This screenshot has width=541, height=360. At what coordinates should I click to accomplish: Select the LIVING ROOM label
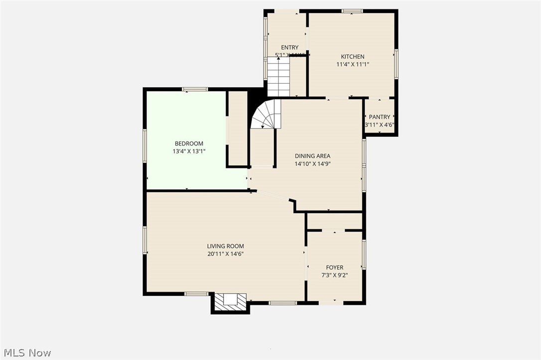225,246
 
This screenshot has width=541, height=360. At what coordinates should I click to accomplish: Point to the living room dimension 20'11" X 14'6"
225,254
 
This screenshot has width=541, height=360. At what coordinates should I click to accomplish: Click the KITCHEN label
352,57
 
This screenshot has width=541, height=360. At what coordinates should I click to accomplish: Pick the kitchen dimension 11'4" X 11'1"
352,64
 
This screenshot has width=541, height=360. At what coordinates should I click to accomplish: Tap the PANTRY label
380,117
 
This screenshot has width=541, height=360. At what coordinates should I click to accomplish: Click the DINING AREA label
312,156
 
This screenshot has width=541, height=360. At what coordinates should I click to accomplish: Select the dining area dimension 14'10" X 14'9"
312,163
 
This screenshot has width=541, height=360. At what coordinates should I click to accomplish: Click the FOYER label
334,268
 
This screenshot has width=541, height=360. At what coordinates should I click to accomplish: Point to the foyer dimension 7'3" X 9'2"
334,275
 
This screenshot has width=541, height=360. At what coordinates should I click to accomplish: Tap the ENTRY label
289,48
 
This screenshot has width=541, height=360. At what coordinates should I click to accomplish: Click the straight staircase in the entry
278,76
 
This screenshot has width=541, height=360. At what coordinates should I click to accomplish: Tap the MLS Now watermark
26,353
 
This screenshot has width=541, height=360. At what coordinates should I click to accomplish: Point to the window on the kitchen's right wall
396,63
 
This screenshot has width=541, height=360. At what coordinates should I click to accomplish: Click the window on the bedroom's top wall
194,89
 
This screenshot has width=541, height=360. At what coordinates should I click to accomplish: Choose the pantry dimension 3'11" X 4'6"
380,125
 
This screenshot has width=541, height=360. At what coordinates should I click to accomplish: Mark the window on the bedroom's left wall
144,145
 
